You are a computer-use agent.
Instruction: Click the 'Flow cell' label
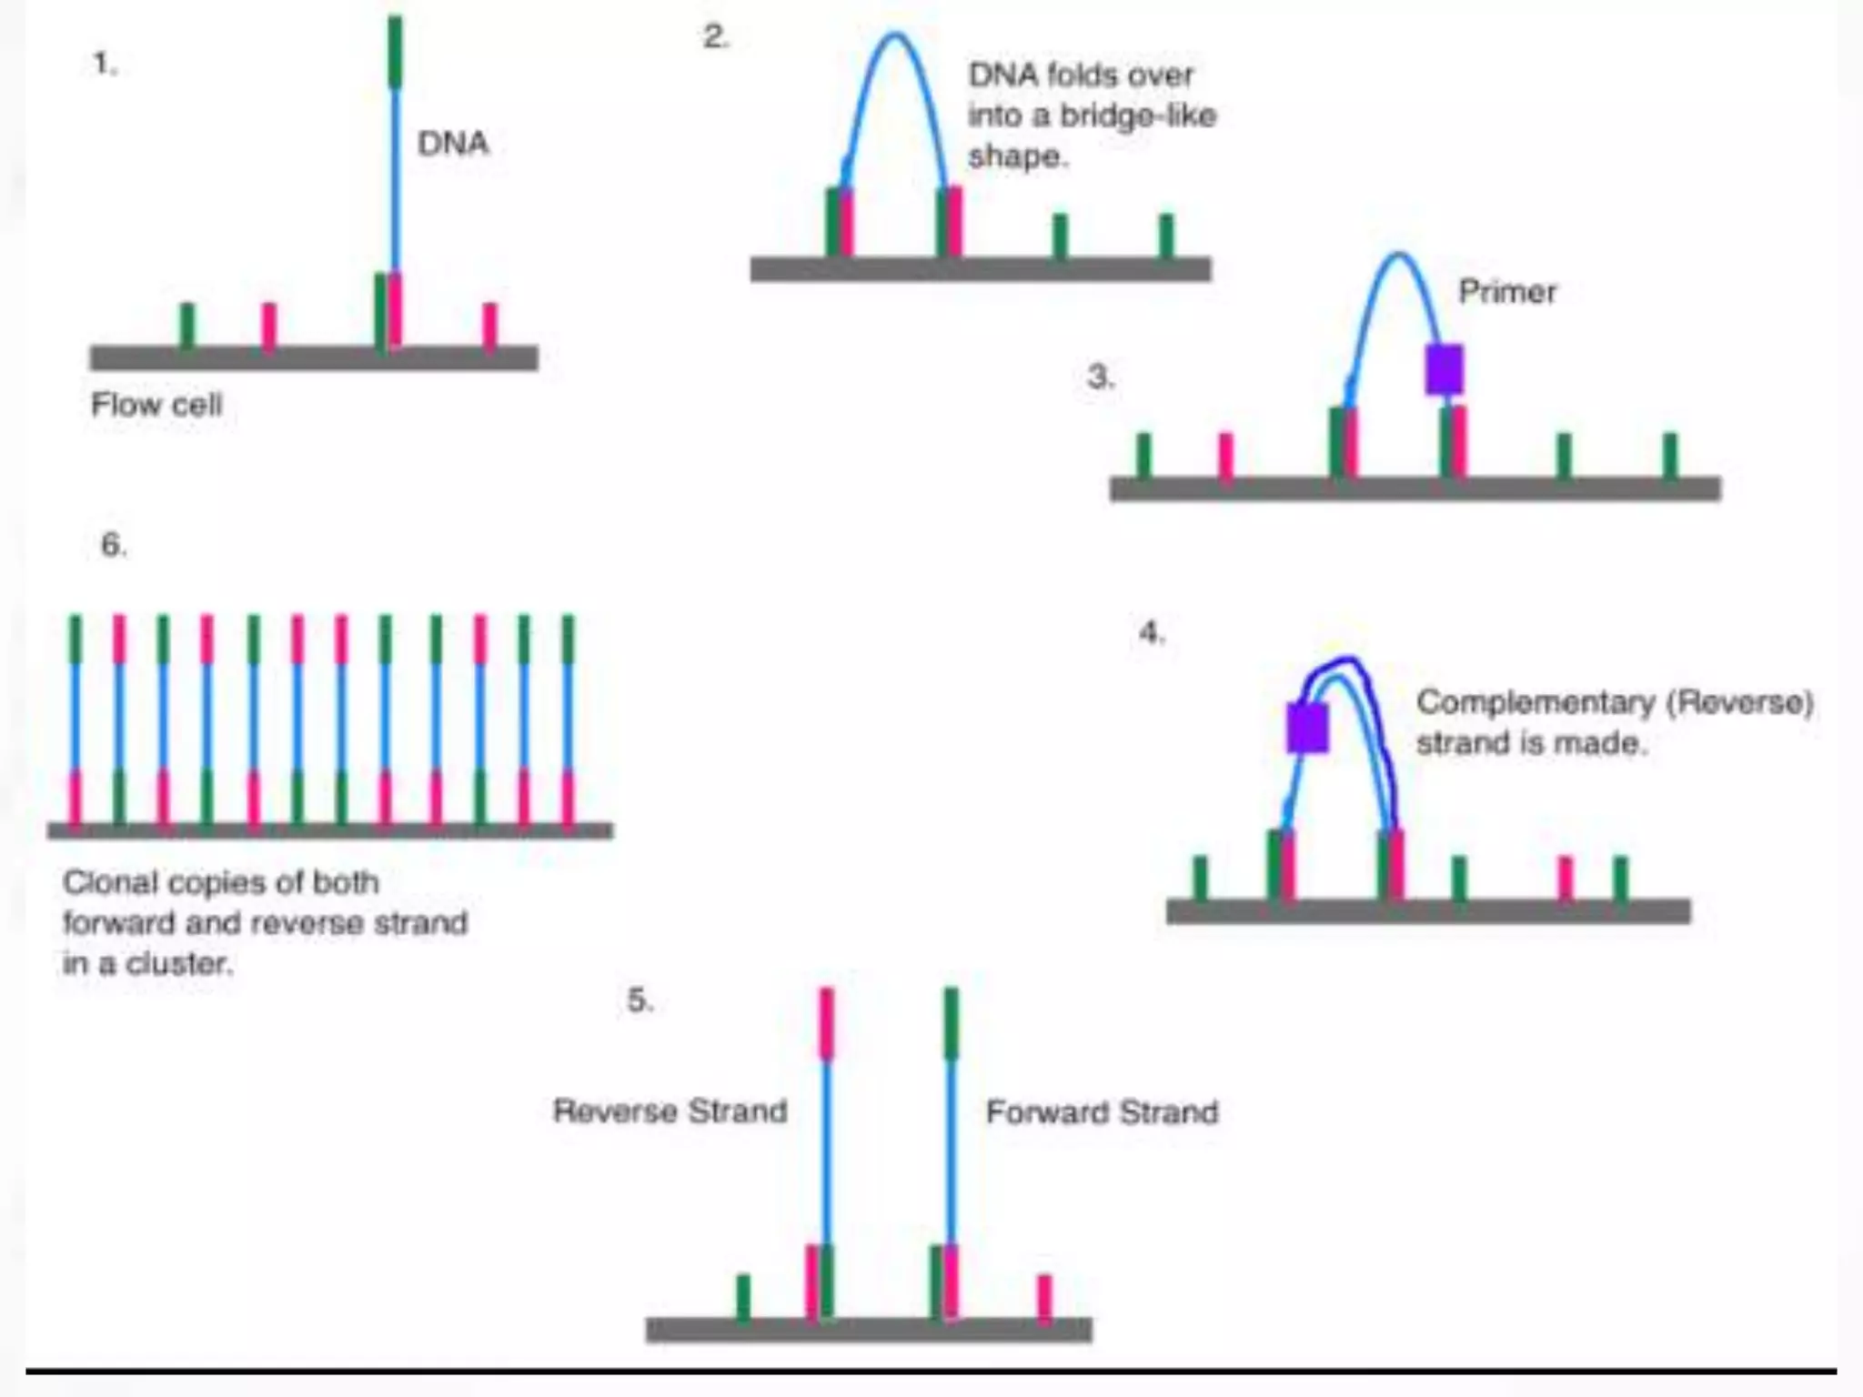(156, 405)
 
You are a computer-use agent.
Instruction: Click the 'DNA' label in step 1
(453, 144)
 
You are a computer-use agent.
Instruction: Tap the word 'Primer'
(1507, 292)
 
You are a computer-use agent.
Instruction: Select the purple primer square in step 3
(1444, 369)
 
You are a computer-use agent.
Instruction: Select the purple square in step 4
(1307, 728)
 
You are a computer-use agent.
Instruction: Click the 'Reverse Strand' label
(670, 1111)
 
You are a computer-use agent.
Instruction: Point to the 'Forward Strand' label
(1102, 1112)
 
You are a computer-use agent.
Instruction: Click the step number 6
(113, 545)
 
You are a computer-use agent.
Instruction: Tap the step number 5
(639, 1000)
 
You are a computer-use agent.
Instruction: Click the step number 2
(716, 37)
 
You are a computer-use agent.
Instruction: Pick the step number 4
(1151, 632)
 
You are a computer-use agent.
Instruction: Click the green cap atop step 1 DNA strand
(395, 52)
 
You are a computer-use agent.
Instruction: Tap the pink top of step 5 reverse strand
(826, 1023)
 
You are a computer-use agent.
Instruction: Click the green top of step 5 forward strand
(952, 1023)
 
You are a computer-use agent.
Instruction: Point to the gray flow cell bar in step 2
(980, 269)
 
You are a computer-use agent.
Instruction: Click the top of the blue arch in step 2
(896, 36)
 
